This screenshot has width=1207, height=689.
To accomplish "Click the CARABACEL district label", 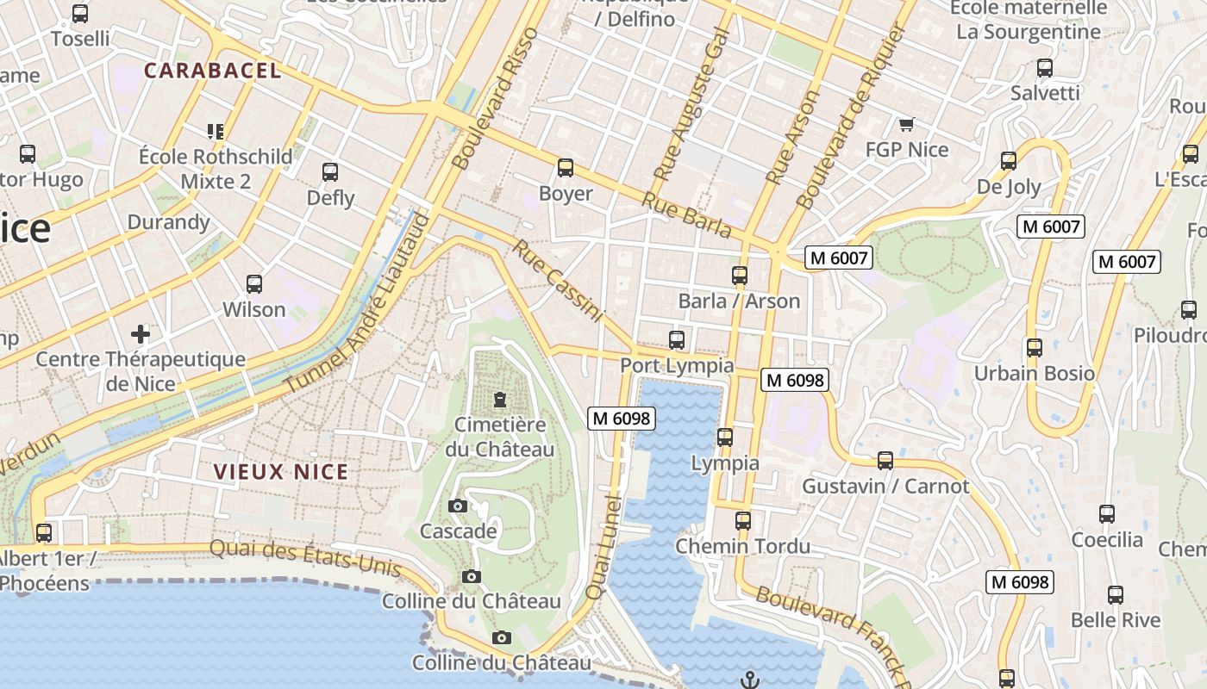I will coord(213,71).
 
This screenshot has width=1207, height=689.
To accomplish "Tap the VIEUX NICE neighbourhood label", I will coord(282,471).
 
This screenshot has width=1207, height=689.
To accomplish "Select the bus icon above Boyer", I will coord(566,168).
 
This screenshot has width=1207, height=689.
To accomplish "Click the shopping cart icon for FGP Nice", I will coord(906,126).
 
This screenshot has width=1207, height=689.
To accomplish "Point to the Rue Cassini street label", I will coord(558,282).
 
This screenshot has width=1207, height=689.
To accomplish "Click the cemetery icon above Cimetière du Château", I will coord(499,400).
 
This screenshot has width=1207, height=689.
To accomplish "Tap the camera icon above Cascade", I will coord(458,506).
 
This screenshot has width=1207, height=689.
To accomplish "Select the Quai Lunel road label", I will coord(603,547).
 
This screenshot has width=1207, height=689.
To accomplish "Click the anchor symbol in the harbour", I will coord(750,680).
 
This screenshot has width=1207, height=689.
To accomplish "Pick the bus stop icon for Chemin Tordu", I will coord(742,521).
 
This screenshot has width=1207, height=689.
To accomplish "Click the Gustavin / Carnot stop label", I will coord(885,486).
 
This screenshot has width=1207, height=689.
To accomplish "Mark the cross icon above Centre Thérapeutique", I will coord(140,333).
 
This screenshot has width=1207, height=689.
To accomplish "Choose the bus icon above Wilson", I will coord(253,284).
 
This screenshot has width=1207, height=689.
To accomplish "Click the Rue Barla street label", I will coord(686,214).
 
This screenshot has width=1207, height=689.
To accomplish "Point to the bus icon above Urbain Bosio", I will coord(1034,348).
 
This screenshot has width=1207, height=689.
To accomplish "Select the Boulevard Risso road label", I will coord(495,98).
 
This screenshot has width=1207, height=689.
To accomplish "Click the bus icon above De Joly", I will coord(1009,161).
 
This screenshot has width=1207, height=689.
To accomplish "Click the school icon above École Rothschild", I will coord(216,132).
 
